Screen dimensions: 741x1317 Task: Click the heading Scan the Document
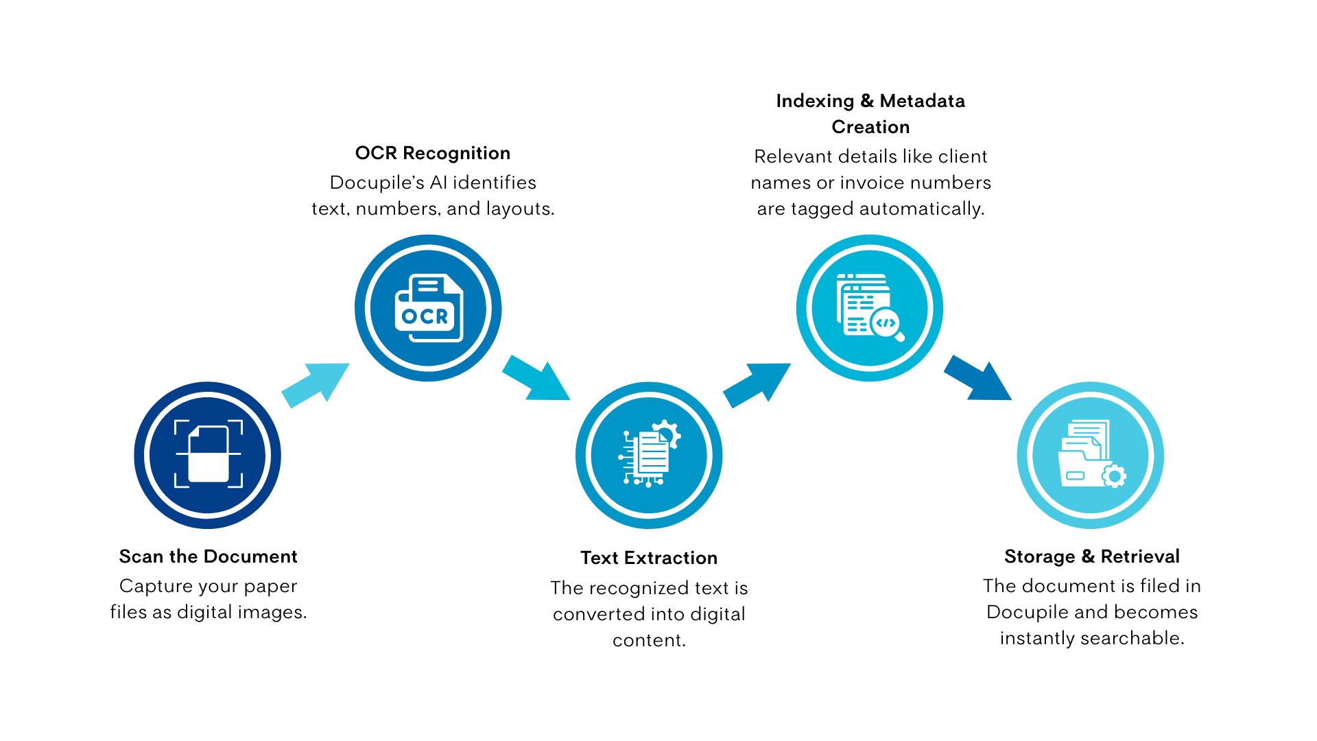(208, 556)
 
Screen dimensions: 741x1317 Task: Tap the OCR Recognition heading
(432, 153)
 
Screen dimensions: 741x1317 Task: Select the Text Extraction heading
(648, 558)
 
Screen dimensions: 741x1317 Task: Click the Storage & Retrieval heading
(1091, 556)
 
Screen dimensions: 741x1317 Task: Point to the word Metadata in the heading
(922, 101)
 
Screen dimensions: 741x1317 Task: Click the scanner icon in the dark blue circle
(208, 455)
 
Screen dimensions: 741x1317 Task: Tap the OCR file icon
(429, 309)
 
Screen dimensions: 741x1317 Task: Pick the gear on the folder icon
(1113, 475)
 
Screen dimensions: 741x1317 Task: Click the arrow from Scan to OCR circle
(316, 385)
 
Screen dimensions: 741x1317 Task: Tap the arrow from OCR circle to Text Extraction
(536, 378)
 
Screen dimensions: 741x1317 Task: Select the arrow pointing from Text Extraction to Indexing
(757, 385)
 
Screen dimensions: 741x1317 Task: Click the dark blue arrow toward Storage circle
(977, 378)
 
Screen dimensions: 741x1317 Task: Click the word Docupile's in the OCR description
(377, 183)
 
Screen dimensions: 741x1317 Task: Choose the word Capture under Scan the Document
(150, 586)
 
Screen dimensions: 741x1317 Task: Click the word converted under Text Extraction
(593, 614)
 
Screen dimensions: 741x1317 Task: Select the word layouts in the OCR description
(519, 209)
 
